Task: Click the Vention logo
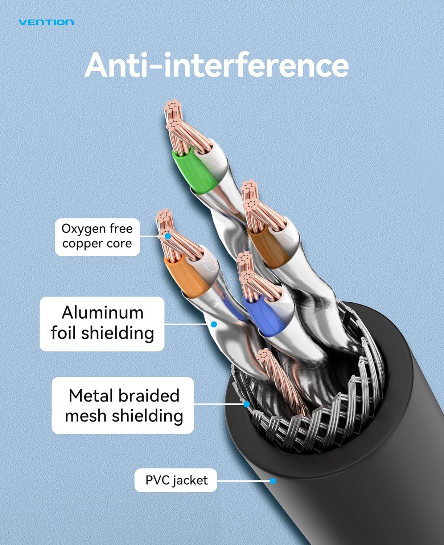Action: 46,23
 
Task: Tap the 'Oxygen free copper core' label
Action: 97,236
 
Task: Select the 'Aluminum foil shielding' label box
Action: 102,323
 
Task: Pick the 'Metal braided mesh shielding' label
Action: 123,405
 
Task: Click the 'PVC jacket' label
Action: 176,480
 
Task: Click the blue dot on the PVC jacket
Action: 273,481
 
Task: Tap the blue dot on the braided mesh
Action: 247,404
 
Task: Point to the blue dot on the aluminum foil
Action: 214,324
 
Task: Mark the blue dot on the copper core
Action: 168,236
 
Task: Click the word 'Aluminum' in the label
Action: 103,313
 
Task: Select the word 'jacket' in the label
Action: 190,480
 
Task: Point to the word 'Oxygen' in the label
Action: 82,229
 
